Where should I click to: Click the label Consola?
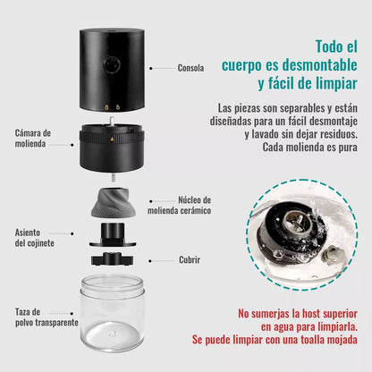point(191,67)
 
